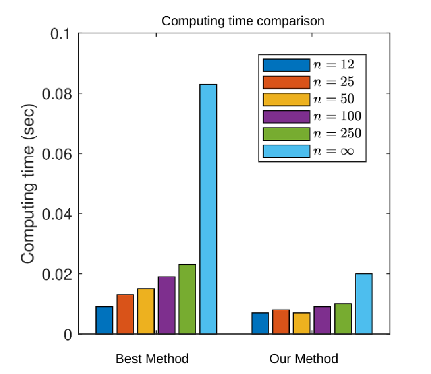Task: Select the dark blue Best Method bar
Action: point(104,320)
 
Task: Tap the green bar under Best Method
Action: point(187,299)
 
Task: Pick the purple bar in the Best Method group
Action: point(166,305)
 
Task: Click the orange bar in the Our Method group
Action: point(281,322)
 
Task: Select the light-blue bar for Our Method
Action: point(364,304)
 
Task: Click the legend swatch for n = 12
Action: point(286,65)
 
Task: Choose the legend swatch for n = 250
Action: point(286,134)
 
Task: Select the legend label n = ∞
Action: point(334,151)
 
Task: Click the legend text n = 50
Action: point(334,99)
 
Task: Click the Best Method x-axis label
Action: point(152,359)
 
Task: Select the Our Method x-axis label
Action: point(304,359)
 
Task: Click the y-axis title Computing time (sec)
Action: point(28,184)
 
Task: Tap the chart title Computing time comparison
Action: point(243,21)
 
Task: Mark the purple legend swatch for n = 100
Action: point(286,117)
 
